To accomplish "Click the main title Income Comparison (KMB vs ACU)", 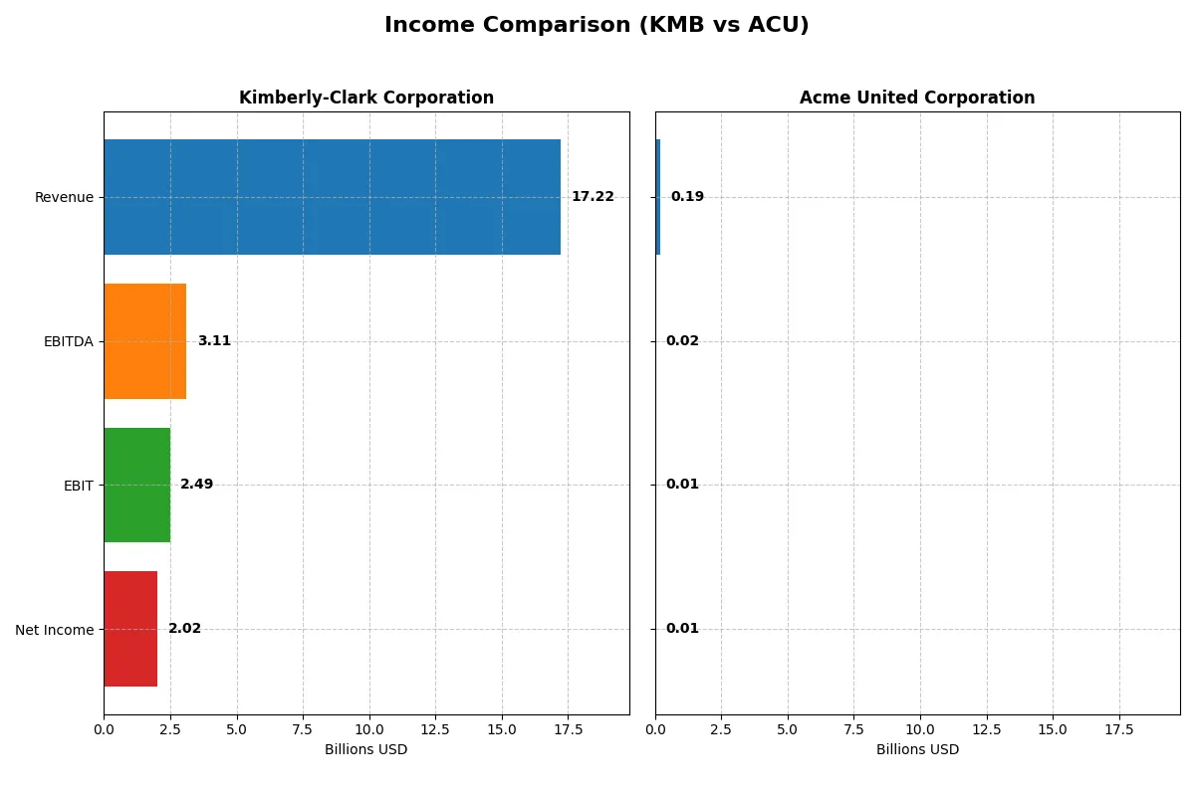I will coord(597,26).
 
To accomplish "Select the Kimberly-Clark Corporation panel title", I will coord(366,98).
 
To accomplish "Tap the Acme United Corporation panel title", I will coord(917,98).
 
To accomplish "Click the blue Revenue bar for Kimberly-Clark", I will coord(332,197).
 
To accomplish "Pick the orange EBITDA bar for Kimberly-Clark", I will coord(144,341).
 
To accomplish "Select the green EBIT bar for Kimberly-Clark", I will coord(136,485).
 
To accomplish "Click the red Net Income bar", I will coord(130,629).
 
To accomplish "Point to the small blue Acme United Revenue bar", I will coord(658,197).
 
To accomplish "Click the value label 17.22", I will coord(593,197).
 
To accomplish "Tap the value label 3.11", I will coord(214,341).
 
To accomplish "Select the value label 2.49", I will coord(196,485).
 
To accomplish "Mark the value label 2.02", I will coord(184,629).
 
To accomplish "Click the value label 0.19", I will coord(687,197).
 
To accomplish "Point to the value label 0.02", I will coord(682,341).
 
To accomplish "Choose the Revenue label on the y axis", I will coord(64,197).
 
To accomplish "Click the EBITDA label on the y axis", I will coord(69,341).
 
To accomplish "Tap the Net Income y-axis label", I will coord(55,629).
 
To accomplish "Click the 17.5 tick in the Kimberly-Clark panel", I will coord(568,729).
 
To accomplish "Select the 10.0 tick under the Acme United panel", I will coord(920,729).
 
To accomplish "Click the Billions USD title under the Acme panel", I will coord(917,749).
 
